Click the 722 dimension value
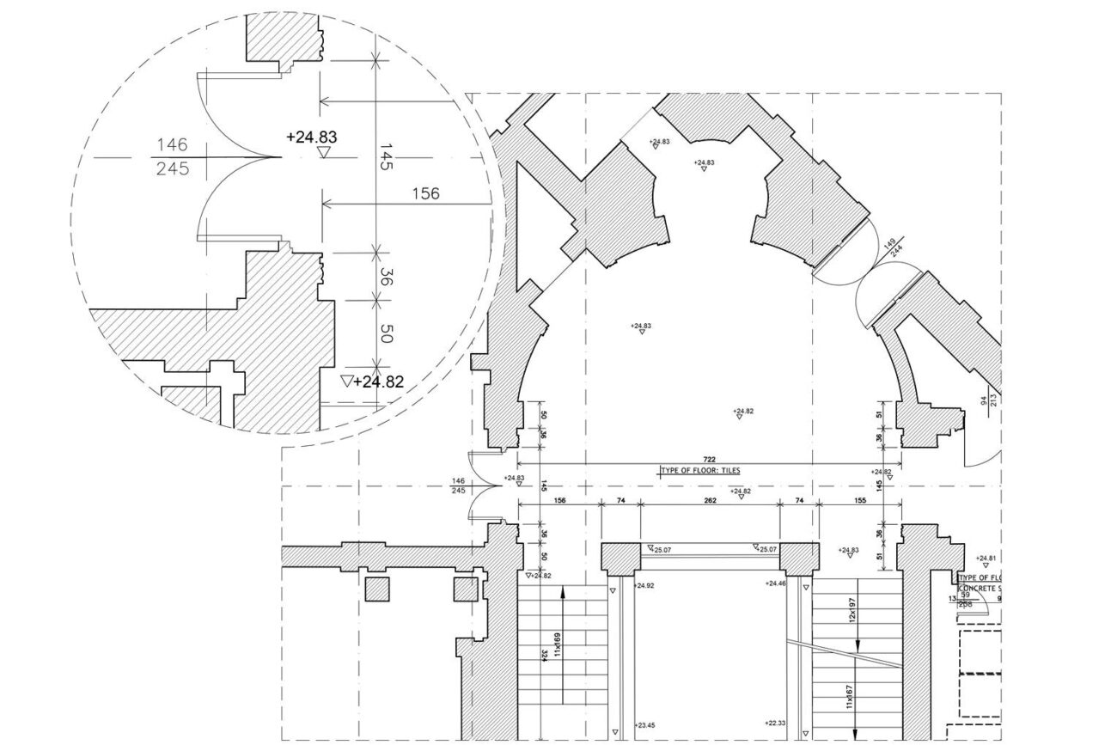(710, 460)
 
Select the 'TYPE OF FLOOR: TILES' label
(700, 471)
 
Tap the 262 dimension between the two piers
(710, 499)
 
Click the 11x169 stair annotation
(557, 644)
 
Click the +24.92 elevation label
(644, 585)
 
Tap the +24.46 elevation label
(776, 583)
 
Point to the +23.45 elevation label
(644, 725)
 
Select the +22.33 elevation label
(776, 724)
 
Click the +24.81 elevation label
(986, 558)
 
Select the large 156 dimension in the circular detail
(426, 193)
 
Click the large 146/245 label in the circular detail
(172, 156)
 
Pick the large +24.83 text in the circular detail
(311, 137)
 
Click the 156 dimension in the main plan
(559, 499)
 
